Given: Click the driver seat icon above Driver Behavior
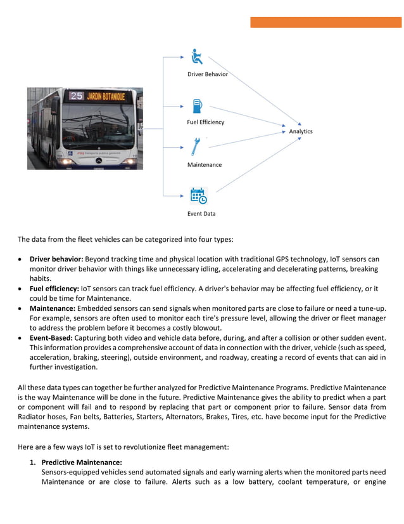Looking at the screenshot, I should click(198, 56).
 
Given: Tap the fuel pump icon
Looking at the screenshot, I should click(198, 106).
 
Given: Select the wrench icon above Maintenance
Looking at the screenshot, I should click(196, 147).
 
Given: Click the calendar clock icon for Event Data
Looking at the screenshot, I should click(198, 195).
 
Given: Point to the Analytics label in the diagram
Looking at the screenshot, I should click(301, 131).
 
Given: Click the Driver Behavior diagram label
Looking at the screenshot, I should click(207, 74).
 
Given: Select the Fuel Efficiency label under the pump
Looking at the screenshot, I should click(205, 122).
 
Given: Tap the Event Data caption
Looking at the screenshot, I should click(201, 214).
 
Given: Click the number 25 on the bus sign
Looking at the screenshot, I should click(77, 96).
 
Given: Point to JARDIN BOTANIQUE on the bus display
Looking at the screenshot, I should click(105, 96).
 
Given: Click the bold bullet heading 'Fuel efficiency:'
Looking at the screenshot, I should click(54, 289).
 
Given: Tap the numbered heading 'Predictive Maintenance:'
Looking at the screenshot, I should click(82, 462).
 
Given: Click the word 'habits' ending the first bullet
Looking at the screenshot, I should click(41, 278).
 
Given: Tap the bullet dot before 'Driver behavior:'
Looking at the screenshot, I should click(22, 259).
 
